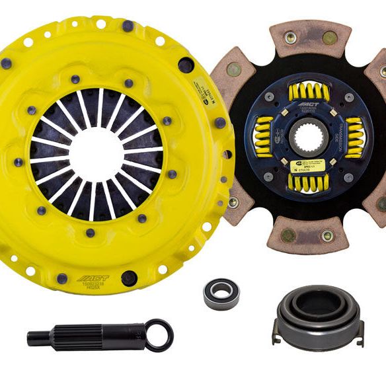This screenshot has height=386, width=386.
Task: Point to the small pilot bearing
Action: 221,294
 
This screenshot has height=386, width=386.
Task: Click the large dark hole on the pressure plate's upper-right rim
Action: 186,65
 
